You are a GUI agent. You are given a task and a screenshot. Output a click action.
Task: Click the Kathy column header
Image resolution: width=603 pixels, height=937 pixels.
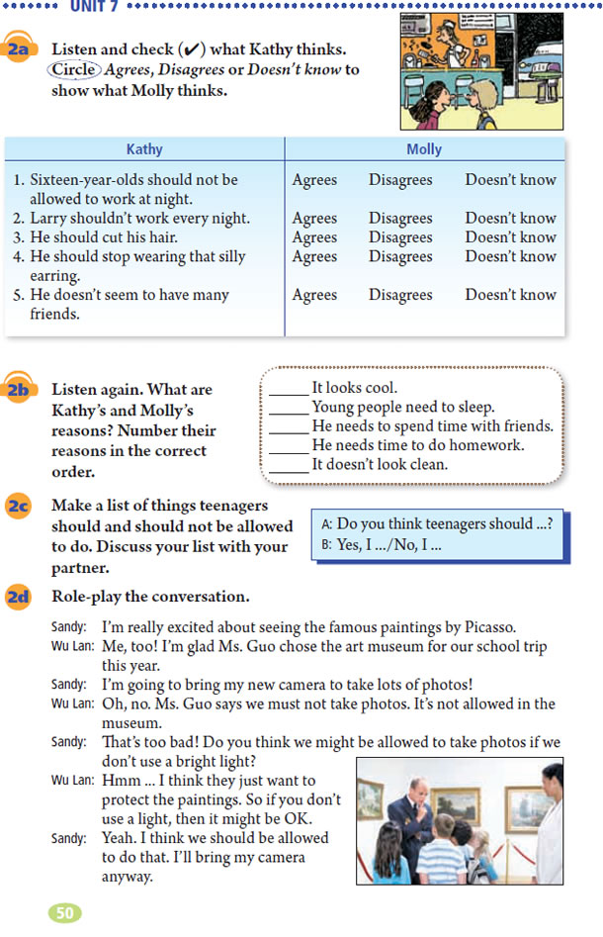point(144,149)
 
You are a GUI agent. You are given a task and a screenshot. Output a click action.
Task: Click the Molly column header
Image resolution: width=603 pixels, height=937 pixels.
point(424,149)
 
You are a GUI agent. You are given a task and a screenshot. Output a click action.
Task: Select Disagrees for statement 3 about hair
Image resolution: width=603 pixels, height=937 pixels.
point(400,237)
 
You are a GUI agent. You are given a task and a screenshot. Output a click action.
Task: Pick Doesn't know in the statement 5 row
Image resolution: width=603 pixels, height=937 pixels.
point(510,295)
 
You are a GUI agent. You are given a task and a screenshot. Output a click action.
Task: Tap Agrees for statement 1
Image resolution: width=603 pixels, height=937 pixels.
point(314,180)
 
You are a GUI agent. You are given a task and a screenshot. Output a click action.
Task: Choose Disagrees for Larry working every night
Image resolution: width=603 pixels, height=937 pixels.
point(400,219)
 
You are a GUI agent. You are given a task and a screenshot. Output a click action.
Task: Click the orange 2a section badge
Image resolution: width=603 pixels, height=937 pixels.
point(22,50)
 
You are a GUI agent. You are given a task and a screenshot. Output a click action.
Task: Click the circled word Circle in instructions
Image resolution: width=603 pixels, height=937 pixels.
point(74,70)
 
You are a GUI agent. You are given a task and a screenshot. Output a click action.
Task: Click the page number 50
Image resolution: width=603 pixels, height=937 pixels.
point(65,912)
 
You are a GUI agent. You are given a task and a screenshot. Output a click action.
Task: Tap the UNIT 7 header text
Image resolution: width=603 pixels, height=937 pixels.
point(94,6)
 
